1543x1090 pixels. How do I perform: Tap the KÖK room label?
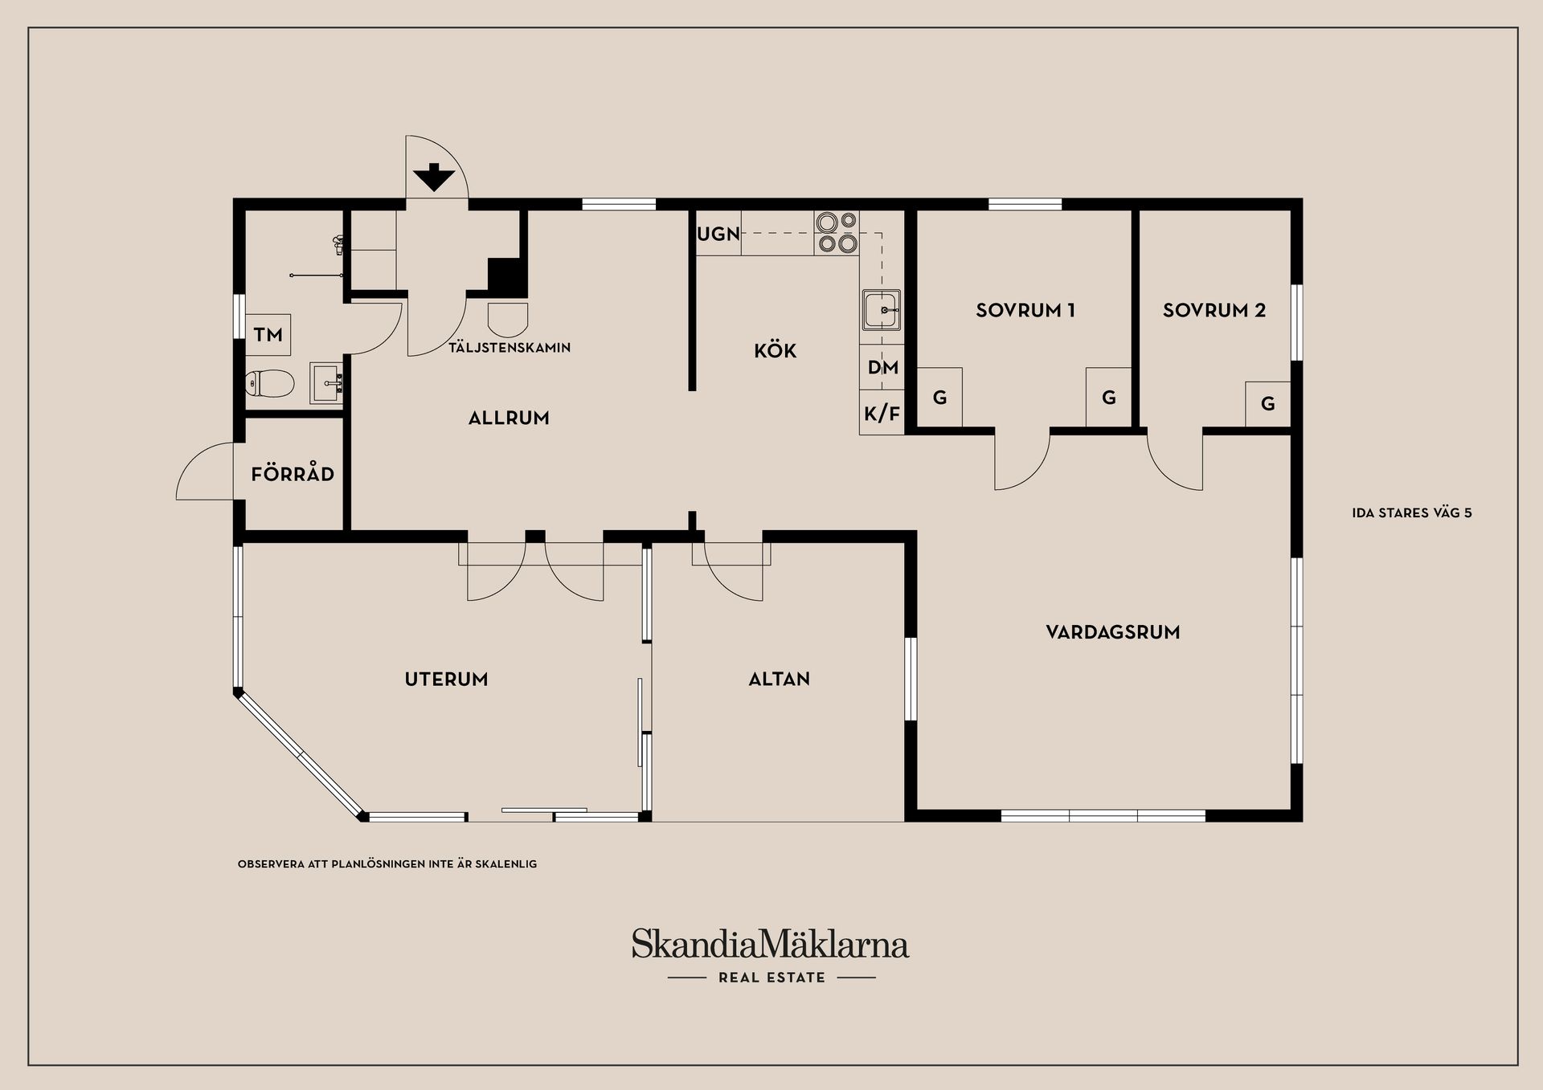point(775,351)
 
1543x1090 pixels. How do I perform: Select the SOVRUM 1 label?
point(1025,310)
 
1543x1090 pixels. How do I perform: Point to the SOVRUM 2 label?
point(1214,310)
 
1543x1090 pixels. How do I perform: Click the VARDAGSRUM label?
point(1112,632)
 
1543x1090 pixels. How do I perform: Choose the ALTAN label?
point(779,679)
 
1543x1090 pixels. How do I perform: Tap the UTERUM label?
point(446,679)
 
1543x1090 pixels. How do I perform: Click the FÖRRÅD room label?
point(293,474)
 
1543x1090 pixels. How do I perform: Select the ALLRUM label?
point(509,418)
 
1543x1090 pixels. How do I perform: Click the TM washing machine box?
point(268,335)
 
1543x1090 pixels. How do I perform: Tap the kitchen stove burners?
point(836,233)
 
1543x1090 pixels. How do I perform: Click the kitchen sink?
point(881,310)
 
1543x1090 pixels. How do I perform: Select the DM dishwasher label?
point(882,368)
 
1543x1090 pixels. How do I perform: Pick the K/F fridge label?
point(882,414)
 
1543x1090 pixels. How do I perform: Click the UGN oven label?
point(718,234)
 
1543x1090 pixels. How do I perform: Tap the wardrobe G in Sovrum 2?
point(1267,403)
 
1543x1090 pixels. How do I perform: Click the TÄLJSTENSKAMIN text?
point(510,348)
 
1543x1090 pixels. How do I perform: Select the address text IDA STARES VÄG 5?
point(1412,512)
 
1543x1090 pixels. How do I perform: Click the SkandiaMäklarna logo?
point(770,944)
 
